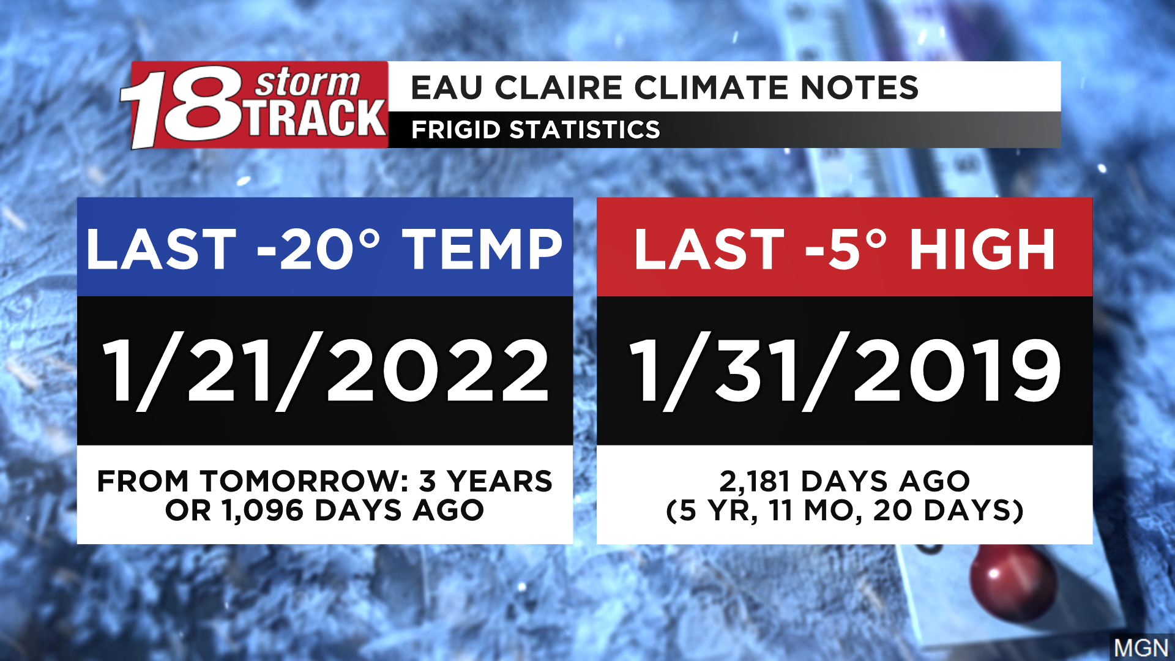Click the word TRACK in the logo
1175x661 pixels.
317,118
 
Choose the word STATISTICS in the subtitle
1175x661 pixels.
584,130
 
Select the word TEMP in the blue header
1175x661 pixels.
482,248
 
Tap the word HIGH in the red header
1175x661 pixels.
982,248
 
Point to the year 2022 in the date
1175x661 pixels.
438,371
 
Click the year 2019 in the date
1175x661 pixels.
957,371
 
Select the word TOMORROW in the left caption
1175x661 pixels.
305,481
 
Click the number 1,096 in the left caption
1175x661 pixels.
263,510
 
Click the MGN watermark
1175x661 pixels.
1141,648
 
